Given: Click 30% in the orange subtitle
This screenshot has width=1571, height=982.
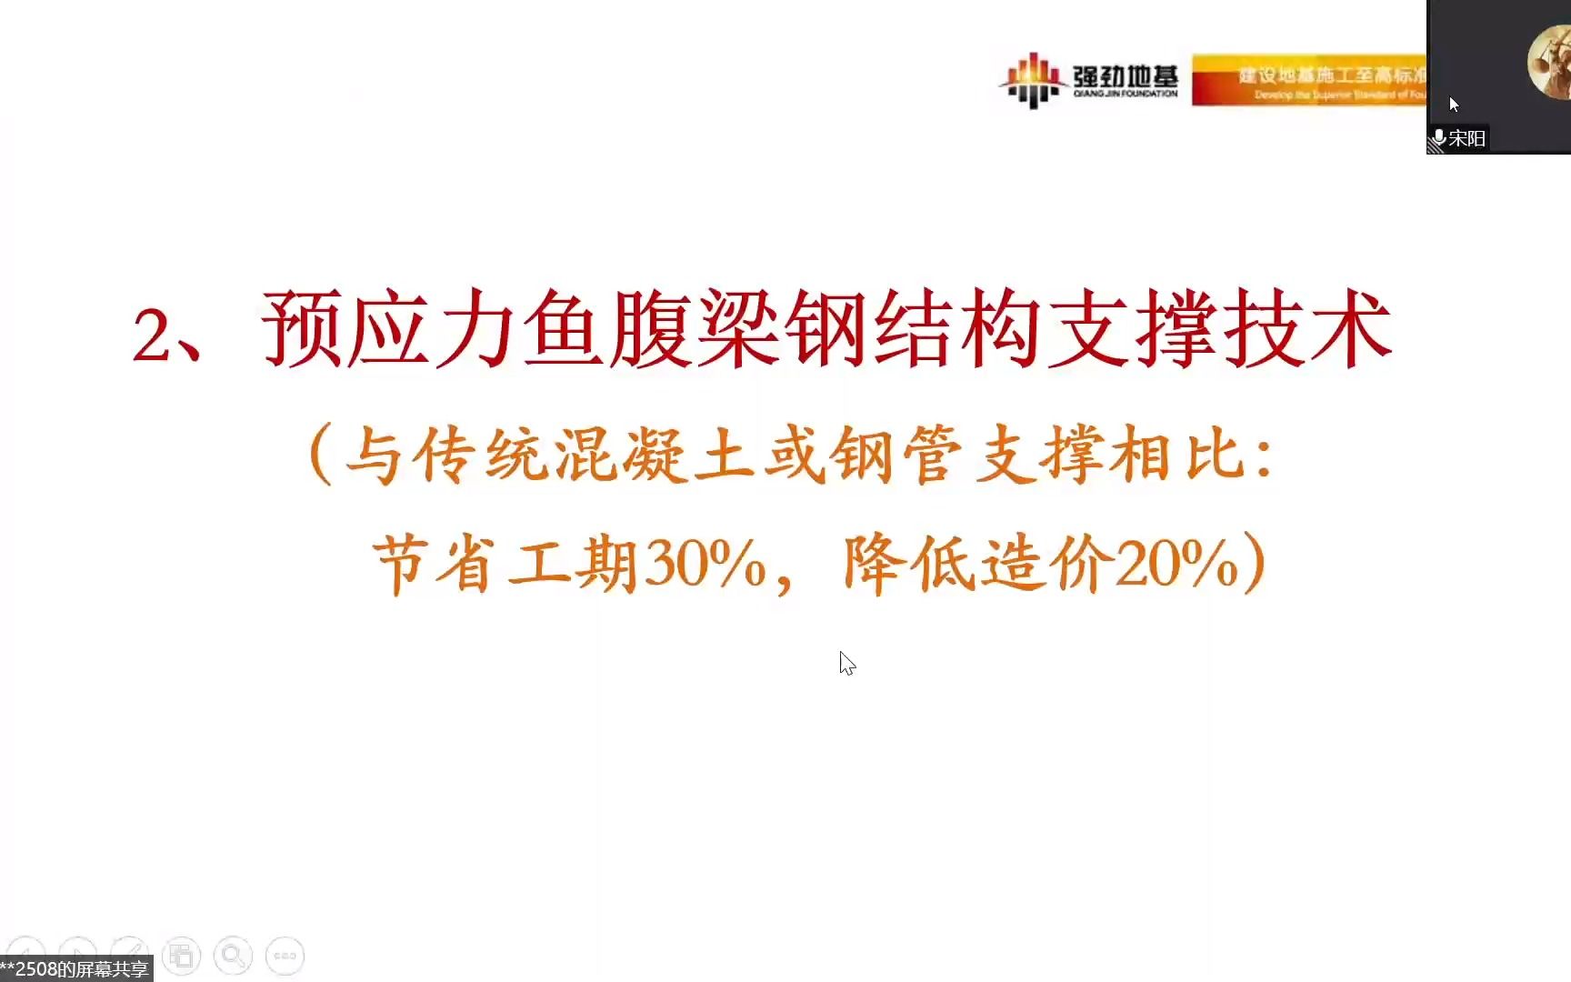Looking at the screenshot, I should [x=705, y=564].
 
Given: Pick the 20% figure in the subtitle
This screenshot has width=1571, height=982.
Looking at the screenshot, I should [x=1176, y=564].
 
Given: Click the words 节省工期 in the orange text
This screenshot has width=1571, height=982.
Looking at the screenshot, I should [x=505, y=564].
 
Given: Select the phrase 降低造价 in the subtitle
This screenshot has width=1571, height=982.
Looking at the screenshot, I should [x=977, y=564].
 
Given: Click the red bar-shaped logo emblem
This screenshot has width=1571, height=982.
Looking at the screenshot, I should [x=1032, y=80].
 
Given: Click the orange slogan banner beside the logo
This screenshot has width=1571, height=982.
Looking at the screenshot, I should [x=1309, y=80].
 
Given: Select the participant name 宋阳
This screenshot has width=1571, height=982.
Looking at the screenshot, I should [x=1466, y=138].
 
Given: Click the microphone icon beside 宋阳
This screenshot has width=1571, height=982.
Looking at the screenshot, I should [x=1439, y=138].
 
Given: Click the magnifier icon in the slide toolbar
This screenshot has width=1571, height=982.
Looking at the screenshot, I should [x=233, y=956].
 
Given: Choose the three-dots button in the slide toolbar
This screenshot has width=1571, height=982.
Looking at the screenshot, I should [x=285, y=956].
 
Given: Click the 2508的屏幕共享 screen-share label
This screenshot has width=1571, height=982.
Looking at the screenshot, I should [x=76, y=969].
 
